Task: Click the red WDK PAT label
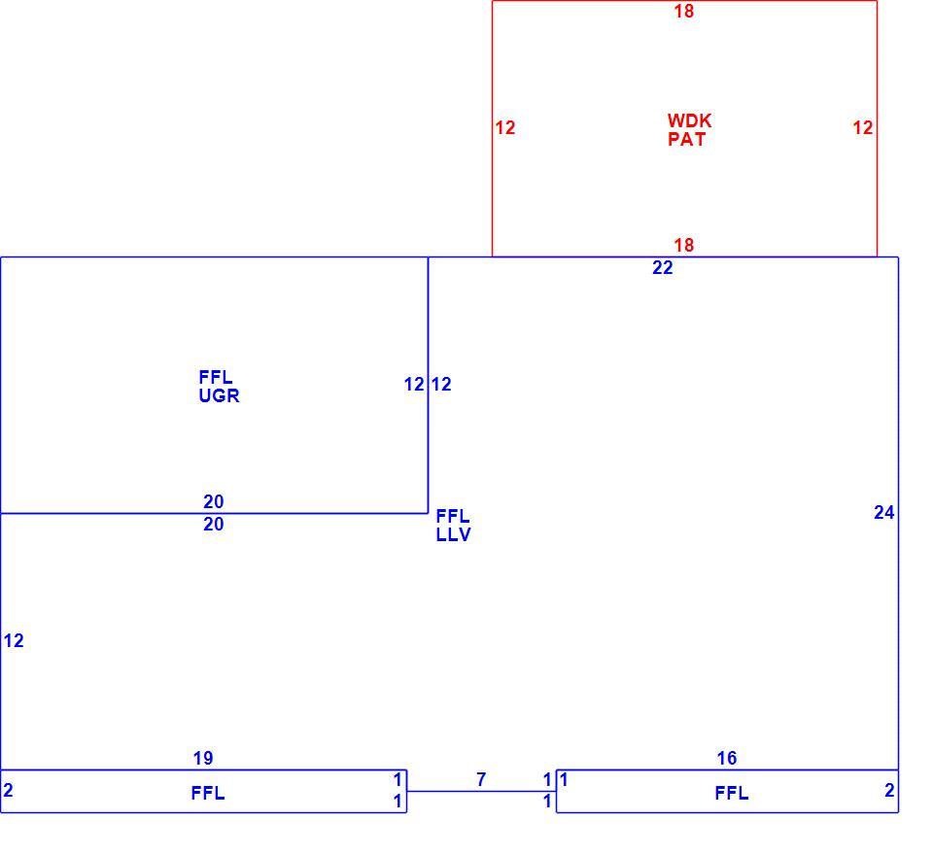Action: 689,129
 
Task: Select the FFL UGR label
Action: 219,387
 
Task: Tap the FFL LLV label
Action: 454,525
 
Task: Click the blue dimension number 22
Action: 662,267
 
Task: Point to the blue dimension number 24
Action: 883,512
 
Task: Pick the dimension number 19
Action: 203,758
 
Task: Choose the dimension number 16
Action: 727,758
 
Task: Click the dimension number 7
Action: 481,779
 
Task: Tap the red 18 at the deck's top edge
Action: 683,12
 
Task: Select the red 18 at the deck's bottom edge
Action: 683,245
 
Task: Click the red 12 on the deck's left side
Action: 505,127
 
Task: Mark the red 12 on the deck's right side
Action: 862,127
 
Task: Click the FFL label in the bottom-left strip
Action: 208,793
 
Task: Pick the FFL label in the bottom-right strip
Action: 731,793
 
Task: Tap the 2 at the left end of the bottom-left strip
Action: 8,791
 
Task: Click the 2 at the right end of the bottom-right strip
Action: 889,791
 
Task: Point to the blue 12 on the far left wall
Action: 14,640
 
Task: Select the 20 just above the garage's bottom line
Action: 214,502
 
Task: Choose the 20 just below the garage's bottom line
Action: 214,524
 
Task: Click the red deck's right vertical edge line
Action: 877,128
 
